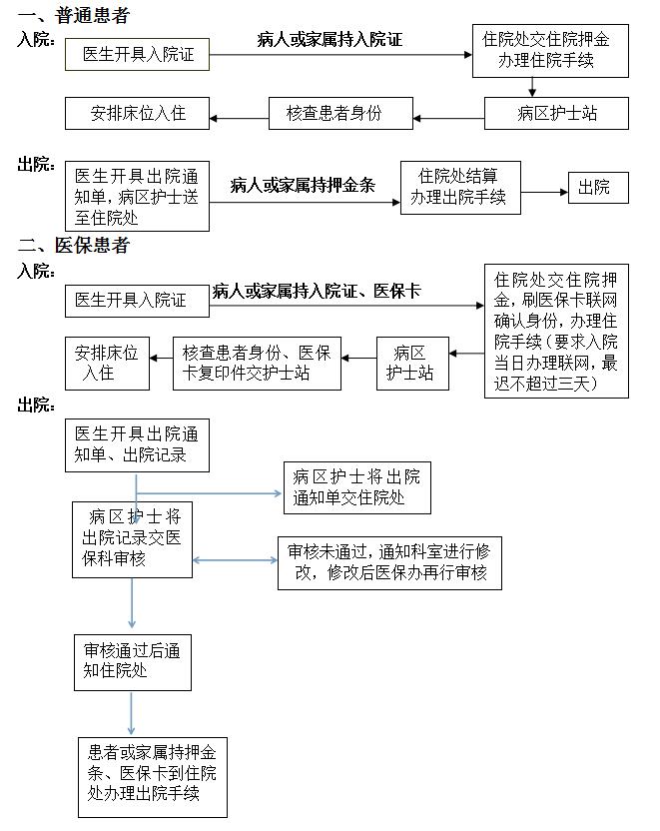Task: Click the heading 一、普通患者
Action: coord(74,15)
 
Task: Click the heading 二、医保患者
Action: coord(74,245)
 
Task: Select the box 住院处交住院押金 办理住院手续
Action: coord(550,51)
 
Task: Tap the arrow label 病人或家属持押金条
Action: coord(303,185)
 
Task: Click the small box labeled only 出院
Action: coord(598,188)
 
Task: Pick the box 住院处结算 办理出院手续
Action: coord(460,188)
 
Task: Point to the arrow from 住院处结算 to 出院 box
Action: coord(544,192)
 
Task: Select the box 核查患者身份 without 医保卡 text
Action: coord(340,114)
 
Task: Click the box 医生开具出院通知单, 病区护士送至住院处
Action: coord(137,196)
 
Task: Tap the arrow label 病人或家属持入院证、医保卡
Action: coord(317,291)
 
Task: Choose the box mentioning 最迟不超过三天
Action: coord(556,331)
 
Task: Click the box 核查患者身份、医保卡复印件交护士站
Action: coord(257,364)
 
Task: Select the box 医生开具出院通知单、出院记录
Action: coord(137,445)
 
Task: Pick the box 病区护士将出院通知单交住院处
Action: coord(357,487)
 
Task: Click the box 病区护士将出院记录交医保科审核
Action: coord(132,539)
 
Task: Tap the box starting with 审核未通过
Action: coord(389,563)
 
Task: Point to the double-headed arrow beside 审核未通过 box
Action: coord(235,560)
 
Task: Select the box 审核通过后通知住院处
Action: coord(133,662)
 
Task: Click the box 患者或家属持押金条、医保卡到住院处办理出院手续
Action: coord(153,777)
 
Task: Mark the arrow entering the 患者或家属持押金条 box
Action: coord(131,714)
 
